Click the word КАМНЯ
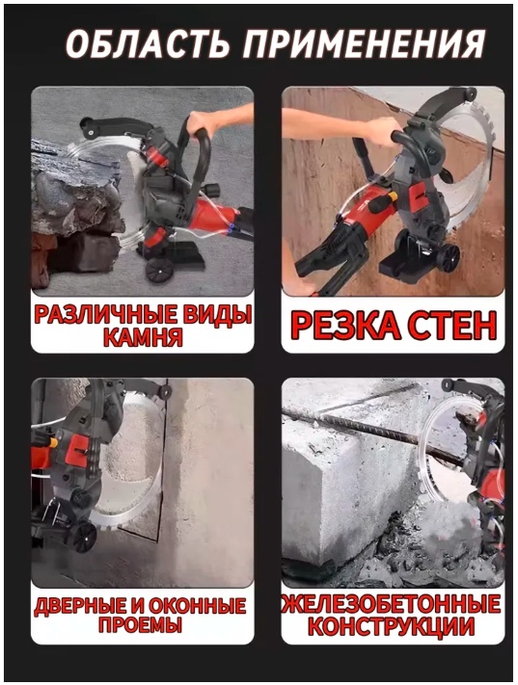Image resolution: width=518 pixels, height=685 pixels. [144, 337]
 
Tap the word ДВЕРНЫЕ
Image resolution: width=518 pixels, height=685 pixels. [80, 606]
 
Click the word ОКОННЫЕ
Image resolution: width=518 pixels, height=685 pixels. [198, 606]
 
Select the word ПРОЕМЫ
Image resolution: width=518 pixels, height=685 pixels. [140, 625]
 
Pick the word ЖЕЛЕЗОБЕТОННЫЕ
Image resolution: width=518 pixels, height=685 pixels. [393, 604]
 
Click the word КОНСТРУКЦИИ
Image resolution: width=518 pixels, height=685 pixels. [392, 626]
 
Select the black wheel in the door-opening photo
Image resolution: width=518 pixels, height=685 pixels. [84, 537]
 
